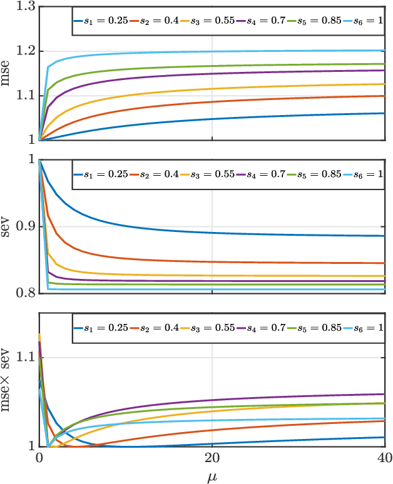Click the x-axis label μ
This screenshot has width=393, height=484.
tap(212, 477)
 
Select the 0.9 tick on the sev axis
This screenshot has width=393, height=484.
tap(24, 226)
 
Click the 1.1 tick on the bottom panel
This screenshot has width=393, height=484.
tap(24, 358)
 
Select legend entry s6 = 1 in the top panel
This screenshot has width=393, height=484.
tap(364, 21)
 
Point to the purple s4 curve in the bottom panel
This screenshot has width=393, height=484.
tap(250, 398)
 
